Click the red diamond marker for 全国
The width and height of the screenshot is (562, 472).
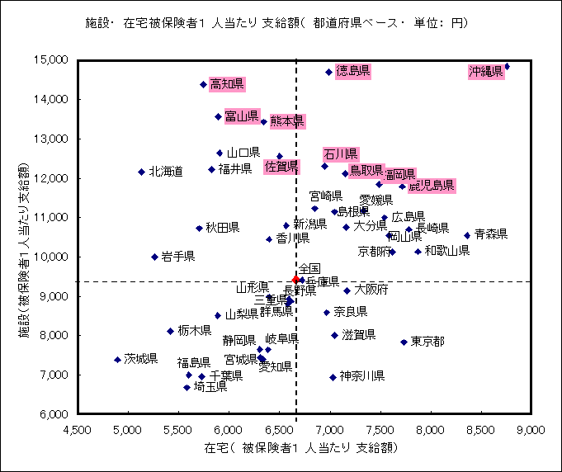point(296,280)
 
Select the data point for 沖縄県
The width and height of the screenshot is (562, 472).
point(507,66)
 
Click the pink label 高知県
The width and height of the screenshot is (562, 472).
point(226,84)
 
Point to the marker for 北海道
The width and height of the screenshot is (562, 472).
point(141,172)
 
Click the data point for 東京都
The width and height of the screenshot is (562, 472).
point(404,342)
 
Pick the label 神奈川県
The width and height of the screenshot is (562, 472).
point(362,376)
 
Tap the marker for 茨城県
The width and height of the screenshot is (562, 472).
point(117,360)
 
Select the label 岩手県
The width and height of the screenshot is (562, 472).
point(178,257)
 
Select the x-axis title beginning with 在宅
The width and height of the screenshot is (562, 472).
point(296,448)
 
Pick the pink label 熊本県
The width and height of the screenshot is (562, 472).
point(287,121)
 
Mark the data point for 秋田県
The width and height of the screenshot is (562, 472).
point(199,228)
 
